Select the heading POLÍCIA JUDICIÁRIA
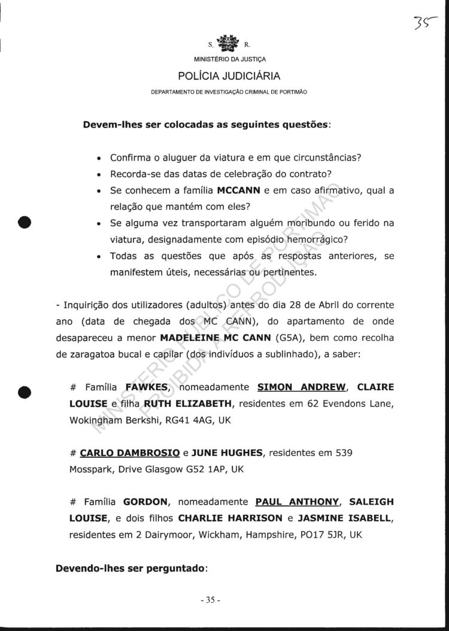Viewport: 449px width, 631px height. pyautogui.click(x=229, y=76)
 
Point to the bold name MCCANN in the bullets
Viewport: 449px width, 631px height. pyautogui.click(x=238, y=191)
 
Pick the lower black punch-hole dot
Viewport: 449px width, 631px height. pyautogui.click(x=25, y=393)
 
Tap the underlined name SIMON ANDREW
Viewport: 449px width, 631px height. pyautogui.click(x=294, y=387)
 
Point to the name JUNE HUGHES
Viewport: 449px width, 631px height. pyautogui.click(x=229, y=453)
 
